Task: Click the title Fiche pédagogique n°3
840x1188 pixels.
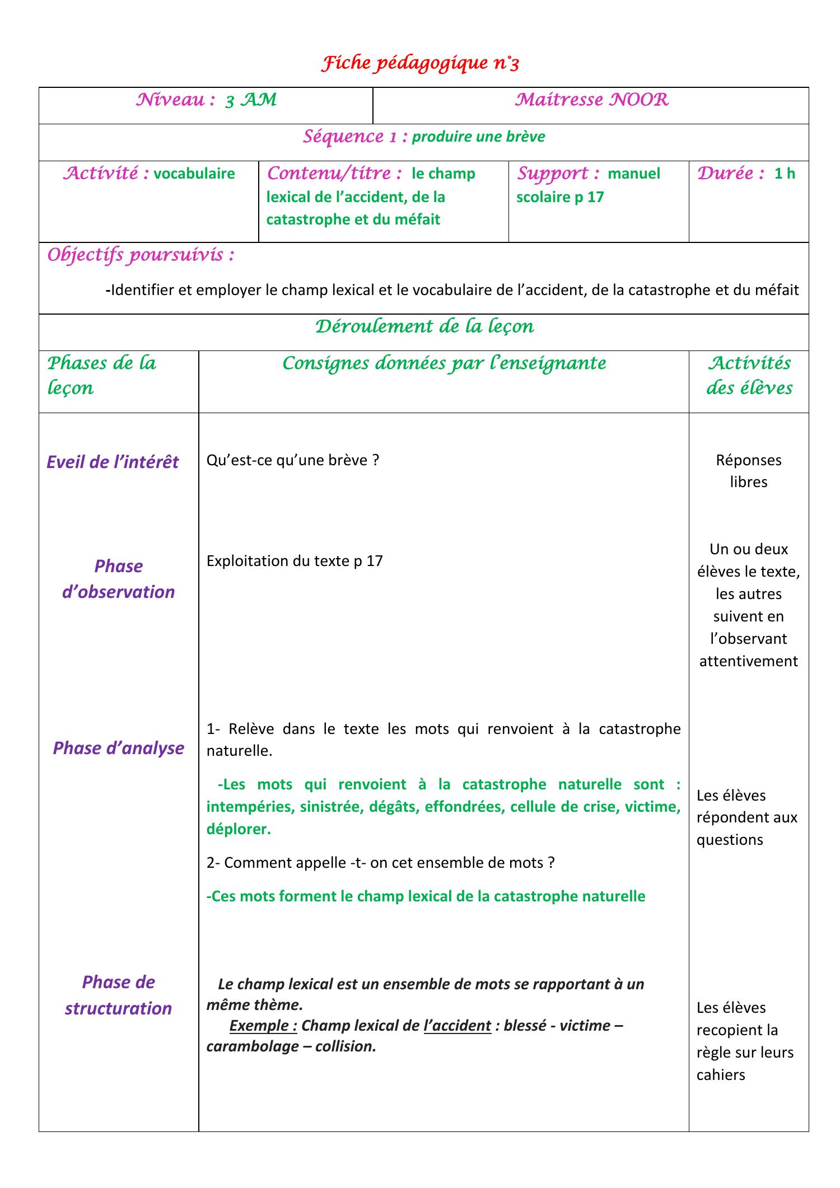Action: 420,64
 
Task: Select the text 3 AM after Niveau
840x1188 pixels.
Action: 250,100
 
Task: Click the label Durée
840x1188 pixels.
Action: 730,174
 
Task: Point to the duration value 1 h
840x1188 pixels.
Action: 784,174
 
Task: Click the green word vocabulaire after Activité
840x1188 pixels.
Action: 194,174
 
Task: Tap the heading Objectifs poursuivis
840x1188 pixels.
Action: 141,255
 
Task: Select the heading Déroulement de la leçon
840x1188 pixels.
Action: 424,326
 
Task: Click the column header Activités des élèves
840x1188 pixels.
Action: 749,375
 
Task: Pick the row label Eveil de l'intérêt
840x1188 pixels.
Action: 113,462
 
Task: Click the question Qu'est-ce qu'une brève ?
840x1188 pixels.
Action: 293,460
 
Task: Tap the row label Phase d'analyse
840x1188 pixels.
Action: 118,748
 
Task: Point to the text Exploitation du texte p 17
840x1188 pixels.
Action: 295,561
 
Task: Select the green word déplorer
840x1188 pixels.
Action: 238,829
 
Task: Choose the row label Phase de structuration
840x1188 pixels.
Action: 118,995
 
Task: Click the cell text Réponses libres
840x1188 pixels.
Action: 748,471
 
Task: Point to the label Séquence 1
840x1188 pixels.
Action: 354,137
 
